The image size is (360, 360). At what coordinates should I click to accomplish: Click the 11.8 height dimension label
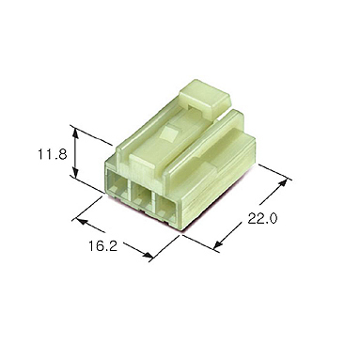point(53,154)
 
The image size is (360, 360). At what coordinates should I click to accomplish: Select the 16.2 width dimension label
point(102,246)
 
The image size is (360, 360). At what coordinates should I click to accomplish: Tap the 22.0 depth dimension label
point(262,218)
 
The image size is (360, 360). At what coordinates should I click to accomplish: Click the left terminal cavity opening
point(117,186)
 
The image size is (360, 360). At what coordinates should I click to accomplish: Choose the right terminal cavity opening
point(167,208)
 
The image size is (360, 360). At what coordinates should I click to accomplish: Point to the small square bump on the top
point(167,133)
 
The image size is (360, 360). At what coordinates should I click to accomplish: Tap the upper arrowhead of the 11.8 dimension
point(75,133)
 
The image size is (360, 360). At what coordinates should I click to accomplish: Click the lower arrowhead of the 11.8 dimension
point(75,172)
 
